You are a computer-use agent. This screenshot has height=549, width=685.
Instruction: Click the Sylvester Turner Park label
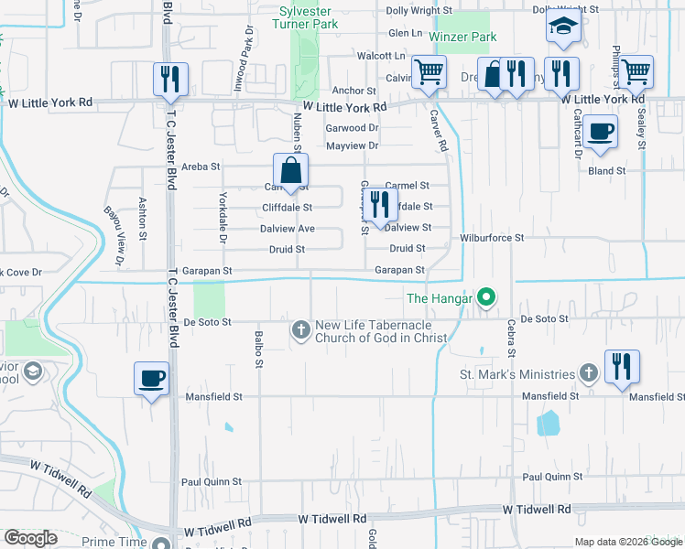[x=310, y=16]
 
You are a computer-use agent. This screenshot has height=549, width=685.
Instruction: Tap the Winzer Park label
[x=470, y=37]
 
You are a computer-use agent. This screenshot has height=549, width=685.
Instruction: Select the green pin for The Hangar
[x=487, y=297]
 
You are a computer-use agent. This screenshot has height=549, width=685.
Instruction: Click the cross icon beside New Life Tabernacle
[x=300, y=328]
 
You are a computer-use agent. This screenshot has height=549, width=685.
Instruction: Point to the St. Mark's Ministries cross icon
[x=589, y=373]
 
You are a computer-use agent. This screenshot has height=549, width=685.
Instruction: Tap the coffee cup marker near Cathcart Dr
[x=600, y=131]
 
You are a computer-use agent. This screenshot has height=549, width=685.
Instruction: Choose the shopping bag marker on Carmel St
[x=290, y=171]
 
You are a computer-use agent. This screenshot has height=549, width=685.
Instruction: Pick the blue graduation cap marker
[x=563, y=28]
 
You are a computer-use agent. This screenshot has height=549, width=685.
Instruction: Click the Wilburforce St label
[x=492, y=237]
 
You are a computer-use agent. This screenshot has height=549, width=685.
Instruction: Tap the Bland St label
[x=607, y=170]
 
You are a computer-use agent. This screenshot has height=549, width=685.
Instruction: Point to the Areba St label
[x=201, y=167]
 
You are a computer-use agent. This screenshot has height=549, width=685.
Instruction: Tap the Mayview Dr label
[x=353, y=145]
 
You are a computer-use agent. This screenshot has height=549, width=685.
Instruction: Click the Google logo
[x=31, y=538]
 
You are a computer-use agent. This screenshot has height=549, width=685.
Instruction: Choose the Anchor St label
[x=353, y=91]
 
